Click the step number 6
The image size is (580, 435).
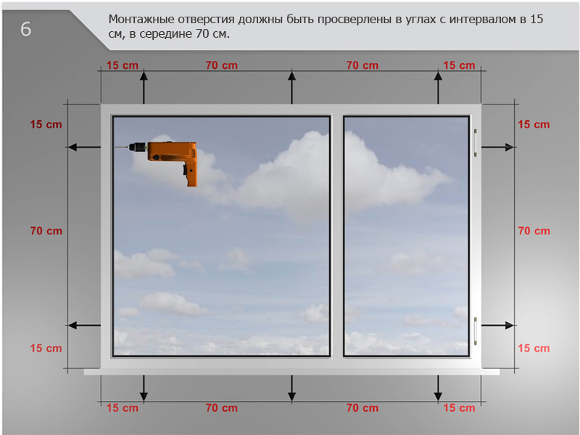25,29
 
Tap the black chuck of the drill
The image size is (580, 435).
138,147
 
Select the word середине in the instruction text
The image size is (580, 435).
166,34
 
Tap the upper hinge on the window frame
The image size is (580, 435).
476,143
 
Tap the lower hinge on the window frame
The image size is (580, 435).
476,331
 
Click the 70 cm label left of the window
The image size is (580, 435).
46,231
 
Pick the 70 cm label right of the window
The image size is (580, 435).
534,231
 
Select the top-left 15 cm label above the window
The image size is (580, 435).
123,65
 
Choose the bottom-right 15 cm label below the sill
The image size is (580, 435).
459,407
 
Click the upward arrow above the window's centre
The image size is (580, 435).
292,88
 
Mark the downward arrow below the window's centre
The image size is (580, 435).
292,388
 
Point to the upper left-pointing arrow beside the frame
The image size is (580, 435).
84,147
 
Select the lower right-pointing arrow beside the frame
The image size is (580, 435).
497,326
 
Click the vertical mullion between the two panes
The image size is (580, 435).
336,236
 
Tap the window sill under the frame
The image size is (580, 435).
291,372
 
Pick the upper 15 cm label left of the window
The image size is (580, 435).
46,124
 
